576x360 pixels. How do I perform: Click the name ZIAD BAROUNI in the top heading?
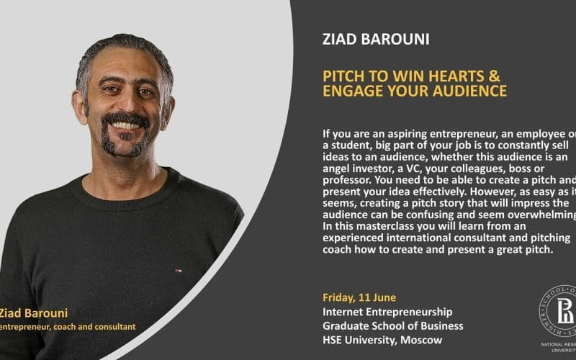tap(376, 39)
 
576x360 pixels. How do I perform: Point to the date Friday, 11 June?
tap(359, 297)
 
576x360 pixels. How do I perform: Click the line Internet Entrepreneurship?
tap(387, 312)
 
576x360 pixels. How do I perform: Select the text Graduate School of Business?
tap(393, 325)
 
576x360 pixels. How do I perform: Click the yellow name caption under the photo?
tap(34, 312)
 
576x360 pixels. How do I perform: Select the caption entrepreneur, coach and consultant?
tap(68, 327)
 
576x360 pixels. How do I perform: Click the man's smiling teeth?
tap(126, 124)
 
